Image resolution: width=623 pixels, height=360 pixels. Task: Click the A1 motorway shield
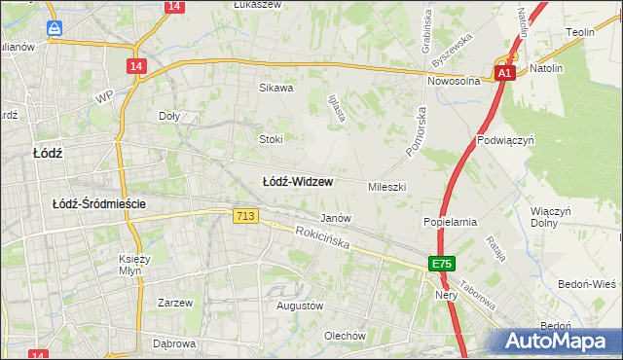click(503, 73)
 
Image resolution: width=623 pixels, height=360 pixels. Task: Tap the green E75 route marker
click(442, 264)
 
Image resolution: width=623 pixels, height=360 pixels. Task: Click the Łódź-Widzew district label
click(299, 182)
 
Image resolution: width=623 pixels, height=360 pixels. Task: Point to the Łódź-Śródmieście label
click(98, 203)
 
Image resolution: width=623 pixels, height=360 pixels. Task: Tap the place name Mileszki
click(386, 186)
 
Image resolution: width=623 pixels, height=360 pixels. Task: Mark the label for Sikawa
click(275, 88)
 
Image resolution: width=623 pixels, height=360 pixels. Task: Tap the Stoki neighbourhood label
click(270, 139)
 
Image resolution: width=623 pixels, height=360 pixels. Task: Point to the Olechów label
click(345, 337)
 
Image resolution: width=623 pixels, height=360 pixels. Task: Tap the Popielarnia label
click(450, 222)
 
